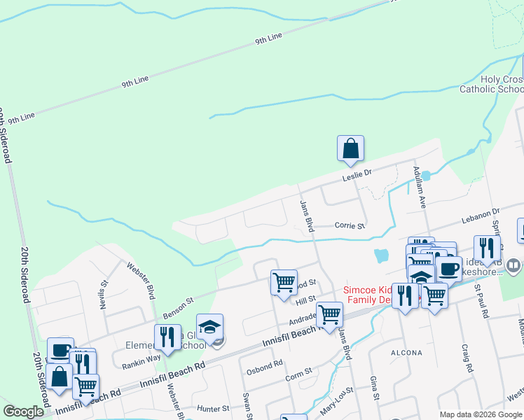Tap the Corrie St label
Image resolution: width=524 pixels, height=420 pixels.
[x=350, y=226]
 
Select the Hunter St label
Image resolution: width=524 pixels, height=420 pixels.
[x=214, y=408]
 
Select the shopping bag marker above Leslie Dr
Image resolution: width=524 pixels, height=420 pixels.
[x=351, y=149]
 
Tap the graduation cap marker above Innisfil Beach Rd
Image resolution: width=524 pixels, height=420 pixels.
[x=209, y=328]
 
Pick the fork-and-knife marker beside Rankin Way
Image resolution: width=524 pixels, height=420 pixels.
[x=167, y=337]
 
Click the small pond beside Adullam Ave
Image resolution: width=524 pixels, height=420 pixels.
[x=426, y=176]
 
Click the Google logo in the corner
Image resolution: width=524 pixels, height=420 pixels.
[x=23, y=412]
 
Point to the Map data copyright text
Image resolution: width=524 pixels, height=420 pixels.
[x=481, y=414]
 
